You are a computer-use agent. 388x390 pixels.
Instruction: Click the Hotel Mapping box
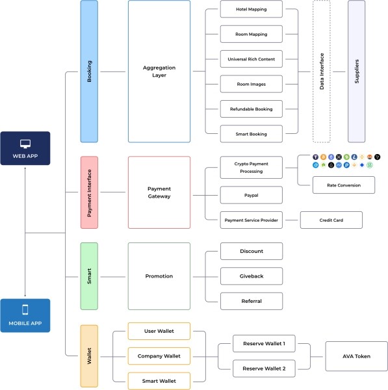[x=252, y=9]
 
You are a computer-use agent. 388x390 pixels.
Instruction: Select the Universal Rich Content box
[x=252, y=59]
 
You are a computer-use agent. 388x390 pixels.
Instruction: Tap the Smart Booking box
[x=252, y=134]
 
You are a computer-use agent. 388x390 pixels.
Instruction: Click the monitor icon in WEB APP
[x=25, y=144]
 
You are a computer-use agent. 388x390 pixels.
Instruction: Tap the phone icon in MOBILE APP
[x=25, y=309]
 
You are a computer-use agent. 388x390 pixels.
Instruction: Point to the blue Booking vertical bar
[x=89, y=71]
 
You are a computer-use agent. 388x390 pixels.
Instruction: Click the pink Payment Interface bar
[x=89, y=192]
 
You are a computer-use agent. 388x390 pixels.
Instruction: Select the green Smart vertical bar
[x=89, y=276]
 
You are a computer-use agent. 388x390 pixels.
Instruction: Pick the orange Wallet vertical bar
[x=89, y=356]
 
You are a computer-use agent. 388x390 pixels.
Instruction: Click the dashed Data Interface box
[x=322, y=71]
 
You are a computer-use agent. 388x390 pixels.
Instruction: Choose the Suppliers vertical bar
[x=356, y=71]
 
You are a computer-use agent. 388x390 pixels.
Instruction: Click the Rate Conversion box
[x=344, y=185]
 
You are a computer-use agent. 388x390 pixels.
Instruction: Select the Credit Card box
[x=331, y=220]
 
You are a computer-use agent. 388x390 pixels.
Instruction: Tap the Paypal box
[x=252, y=195]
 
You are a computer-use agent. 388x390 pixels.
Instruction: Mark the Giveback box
[x=252, y=276]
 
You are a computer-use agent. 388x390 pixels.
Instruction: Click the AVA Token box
[x=356, y=356]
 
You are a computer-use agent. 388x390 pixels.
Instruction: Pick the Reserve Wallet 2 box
[x=264, y=369]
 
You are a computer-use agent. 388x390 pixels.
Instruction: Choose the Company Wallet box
[x=159, y=356]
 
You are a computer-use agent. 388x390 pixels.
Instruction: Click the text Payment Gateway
[x=159, y=192]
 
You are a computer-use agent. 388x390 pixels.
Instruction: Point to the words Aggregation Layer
[x=159, y=71]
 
